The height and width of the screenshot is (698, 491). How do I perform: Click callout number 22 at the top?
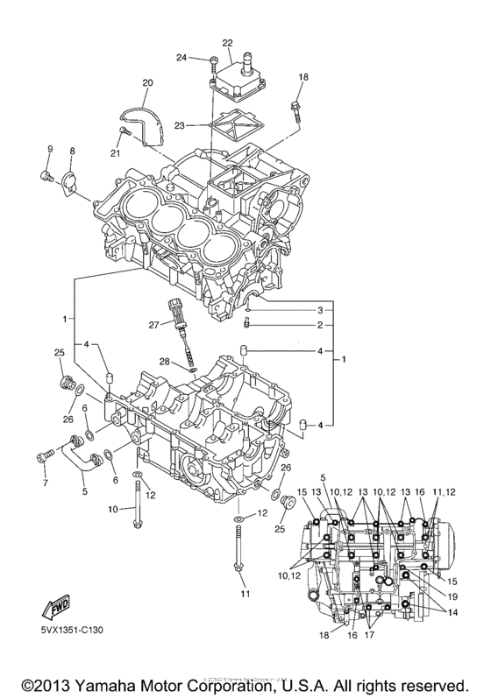click(x=227, y=43)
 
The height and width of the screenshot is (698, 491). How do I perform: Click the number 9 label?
click(x=50, y=149)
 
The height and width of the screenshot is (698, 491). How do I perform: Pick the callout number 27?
click(x=154, y=325)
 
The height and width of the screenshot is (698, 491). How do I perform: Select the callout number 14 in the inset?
click(x=452, y=612)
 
